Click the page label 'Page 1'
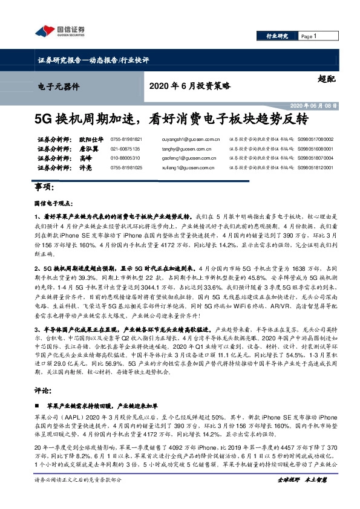coord(309,36)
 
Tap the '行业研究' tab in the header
coord(278,36)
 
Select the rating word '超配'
coord(325,77)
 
